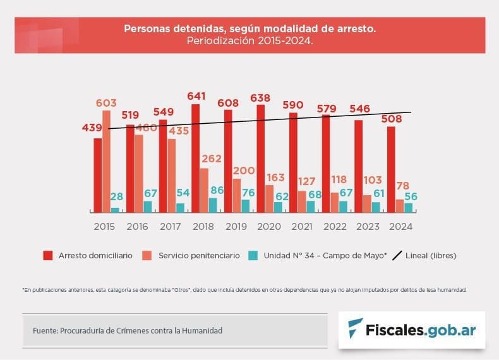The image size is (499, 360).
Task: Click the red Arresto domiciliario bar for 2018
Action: (x=195, y=158)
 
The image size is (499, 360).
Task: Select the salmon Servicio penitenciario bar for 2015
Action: (x=106, y=161)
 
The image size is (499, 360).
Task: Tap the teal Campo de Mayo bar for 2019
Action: (x=245, y=206)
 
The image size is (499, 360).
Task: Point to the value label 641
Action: (x=198, y=96)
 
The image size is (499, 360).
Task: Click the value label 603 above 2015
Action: (x=106, y=103)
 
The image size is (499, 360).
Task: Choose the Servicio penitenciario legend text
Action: (x=199, y=256)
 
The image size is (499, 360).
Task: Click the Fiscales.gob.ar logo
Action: (x=411, y=330)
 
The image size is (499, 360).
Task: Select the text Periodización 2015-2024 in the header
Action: (x=249, y=40)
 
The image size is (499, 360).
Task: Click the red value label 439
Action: (x=93, y=128)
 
